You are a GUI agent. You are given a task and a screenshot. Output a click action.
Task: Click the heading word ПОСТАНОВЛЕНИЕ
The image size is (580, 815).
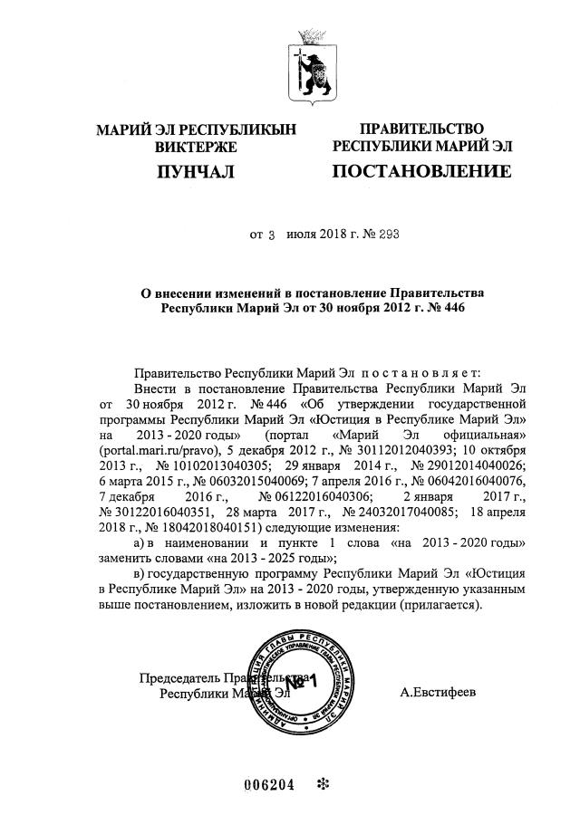(420, 171)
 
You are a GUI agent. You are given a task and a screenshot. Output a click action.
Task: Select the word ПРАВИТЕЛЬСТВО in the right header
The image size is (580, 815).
(421, 129)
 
